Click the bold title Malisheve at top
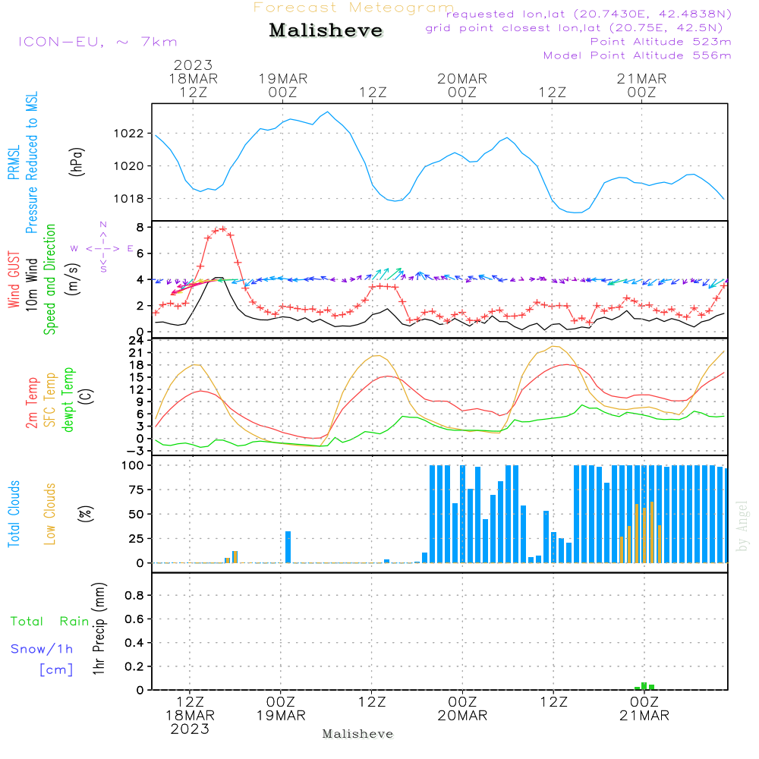326,30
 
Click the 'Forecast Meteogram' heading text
354,8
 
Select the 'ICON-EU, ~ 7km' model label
98,42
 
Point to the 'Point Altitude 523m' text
661,42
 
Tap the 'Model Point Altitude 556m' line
637,55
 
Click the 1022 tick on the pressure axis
129,134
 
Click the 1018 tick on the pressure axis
129,198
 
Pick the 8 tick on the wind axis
140,227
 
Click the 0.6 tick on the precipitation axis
134,619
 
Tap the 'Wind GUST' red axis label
14,280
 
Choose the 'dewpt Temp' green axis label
68,399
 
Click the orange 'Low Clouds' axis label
49,514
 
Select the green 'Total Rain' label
50,621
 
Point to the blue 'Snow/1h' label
42,649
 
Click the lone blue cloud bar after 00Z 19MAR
288,547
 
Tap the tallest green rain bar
644,686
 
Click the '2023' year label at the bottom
190,729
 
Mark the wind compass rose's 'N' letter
103,225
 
